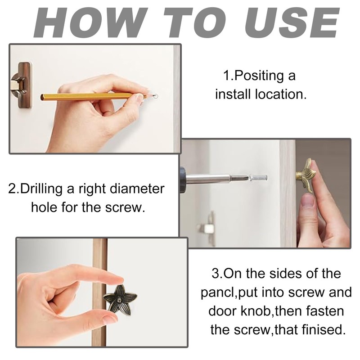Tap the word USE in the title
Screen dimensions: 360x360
(x=292, y=23)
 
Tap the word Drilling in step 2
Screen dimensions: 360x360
(x=41, y=189)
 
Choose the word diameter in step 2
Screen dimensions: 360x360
(x=137, y=189)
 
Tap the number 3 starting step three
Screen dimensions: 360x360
(x=216, y=274)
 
